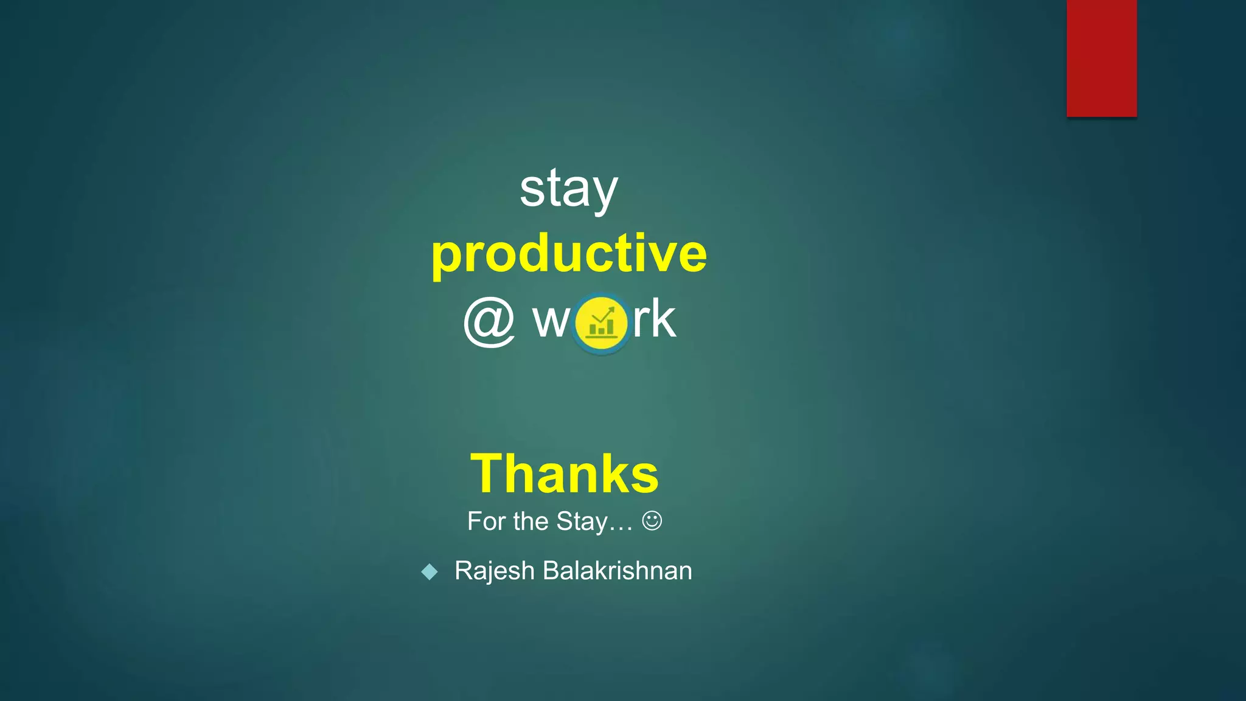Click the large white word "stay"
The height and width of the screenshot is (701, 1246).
pos(568,189)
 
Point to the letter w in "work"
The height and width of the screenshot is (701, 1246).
pos(551,321)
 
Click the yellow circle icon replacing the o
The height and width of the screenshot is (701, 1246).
pos(600,323)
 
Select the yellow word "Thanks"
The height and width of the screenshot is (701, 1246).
pos(565,473)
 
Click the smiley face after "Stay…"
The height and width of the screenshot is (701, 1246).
pos(652,521)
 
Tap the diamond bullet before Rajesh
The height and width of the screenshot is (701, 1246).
pos(430,571)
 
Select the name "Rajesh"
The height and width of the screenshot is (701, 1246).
pos(495,571)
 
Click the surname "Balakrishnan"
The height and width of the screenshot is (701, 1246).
pos(617,571)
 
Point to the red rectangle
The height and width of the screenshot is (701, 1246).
pos(1101,58)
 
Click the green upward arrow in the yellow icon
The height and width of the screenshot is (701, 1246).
pos(605,314)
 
